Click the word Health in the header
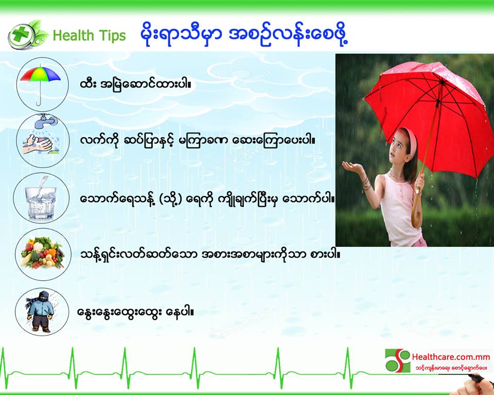coord(73,35)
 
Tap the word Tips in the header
coord(112,35)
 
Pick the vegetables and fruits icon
coord(43,254)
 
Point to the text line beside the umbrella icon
coord(135,84)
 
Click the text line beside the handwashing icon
coord(198,141)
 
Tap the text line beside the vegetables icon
coord(210,254)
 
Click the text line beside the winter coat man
coord(135,312)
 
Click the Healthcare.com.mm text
coord(451,357)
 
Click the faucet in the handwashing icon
coord(46,121)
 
